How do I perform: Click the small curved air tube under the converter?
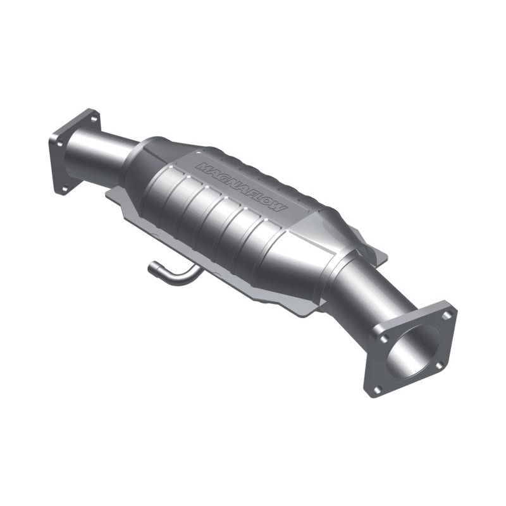tap(174, 274)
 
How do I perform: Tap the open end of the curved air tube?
tap(152, 269)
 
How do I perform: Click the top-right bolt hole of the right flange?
tap(447, 314)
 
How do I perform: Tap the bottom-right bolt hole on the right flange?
tap(439, 366)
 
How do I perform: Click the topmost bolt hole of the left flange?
tap(93, 118)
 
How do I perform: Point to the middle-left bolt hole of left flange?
tap(58, 143)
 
